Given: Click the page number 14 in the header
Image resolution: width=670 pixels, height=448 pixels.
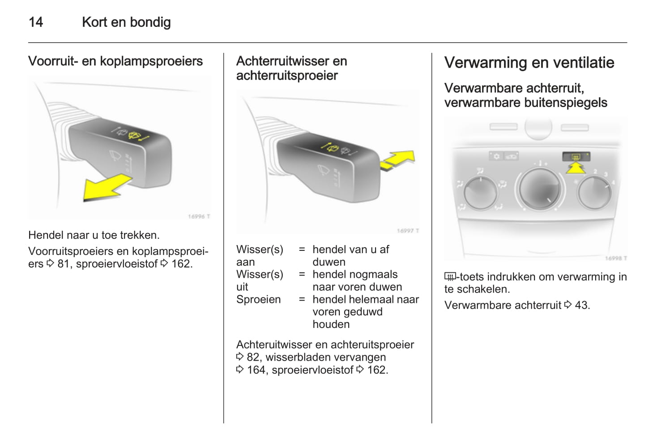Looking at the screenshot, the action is tap(36, 22).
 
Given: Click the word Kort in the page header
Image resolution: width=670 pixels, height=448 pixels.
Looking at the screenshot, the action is tap(94, 22).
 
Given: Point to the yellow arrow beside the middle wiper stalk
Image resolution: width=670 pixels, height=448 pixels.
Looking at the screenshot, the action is tap(398, 160).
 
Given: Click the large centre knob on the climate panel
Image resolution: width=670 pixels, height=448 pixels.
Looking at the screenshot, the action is tap(540, 189).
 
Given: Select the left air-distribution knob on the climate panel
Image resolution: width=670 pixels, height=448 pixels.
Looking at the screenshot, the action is tap(480, 193).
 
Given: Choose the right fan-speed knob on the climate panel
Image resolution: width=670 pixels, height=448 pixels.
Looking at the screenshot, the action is tap(595, 192).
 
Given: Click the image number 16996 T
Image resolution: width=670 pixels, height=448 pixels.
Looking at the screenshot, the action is tap(199, 216).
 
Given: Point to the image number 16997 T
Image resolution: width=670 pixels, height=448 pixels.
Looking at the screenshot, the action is tap(408, 231).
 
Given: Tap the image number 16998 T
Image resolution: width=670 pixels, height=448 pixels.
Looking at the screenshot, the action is tap(616, 258).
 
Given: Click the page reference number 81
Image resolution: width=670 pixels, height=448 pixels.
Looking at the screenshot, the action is tap(64, 264).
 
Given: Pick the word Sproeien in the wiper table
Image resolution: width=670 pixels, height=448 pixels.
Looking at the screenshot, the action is tap(258, 299).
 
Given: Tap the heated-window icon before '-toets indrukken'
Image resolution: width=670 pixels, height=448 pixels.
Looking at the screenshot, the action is tap(450, 277).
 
